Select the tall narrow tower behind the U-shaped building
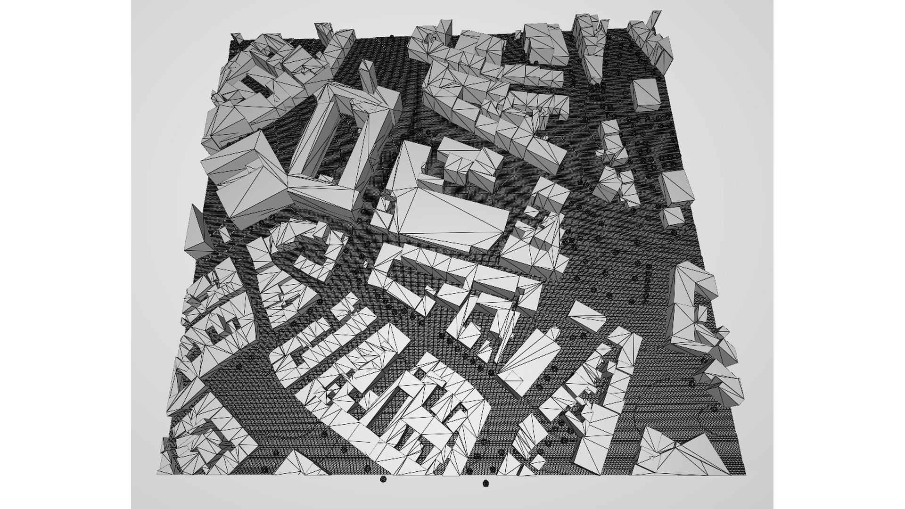point(367,78)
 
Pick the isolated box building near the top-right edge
point(644,95)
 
